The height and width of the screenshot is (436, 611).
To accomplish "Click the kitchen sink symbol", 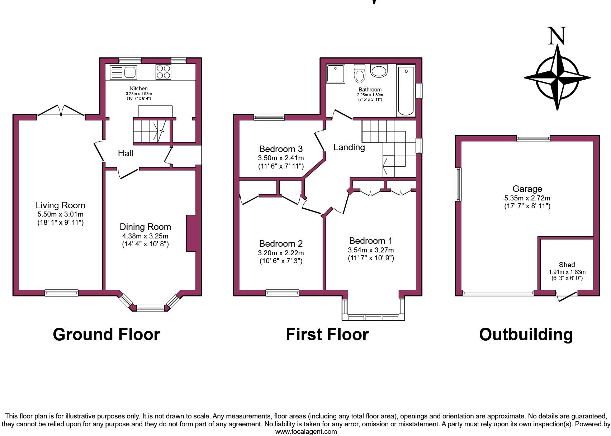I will (123, 72).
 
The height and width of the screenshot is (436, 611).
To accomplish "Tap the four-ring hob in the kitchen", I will (163, 72).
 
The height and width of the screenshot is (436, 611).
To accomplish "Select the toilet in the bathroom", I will (359, 74).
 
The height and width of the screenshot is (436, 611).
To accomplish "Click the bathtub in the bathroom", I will (406, 90).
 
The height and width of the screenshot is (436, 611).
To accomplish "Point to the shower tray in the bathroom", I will (335, 74).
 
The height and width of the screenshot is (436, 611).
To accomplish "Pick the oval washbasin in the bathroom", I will (379, 71).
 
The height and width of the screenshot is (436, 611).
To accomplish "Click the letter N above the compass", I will (557, 36).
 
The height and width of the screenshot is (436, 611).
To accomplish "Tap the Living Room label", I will (60, 205).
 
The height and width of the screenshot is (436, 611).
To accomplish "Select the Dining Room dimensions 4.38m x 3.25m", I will (145, 236).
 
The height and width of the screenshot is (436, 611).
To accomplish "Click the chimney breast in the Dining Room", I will (191, 233).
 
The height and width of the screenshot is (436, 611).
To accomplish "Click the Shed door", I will (567, 296).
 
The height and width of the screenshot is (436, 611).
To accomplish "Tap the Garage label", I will (527, 189).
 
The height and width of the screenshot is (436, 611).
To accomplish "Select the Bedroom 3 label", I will (281, 149).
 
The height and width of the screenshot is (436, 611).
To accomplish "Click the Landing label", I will (349, 147).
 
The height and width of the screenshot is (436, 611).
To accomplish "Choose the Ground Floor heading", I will (106, 335).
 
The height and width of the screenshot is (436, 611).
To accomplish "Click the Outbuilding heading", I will (526, 335).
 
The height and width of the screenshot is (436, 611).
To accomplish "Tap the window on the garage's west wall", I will (458, 184).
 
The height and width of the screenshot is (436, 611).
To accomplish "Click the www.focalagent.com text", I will (306, 432).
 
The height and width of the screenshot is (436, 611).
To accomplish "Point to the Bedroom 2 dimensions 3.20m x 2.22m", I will (281, 253).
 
